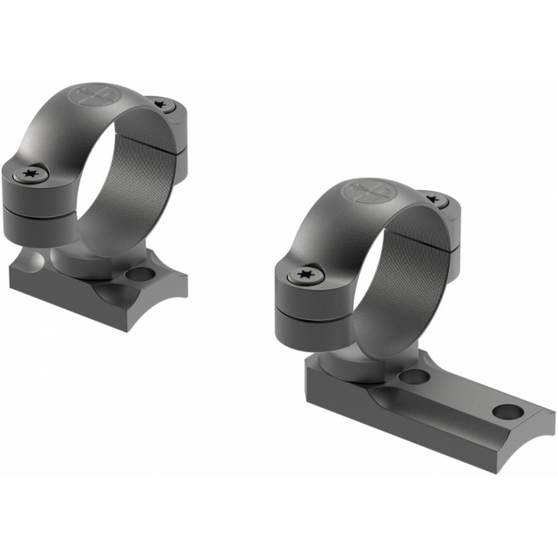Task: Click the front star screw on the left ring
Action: pyautogui.click(x=35, y=176)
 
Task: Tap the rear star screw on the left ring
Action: pyautogui.click(x=160, y=105)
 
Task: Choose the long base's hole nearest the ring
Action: pyautogui.click(x=418, y=378)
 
